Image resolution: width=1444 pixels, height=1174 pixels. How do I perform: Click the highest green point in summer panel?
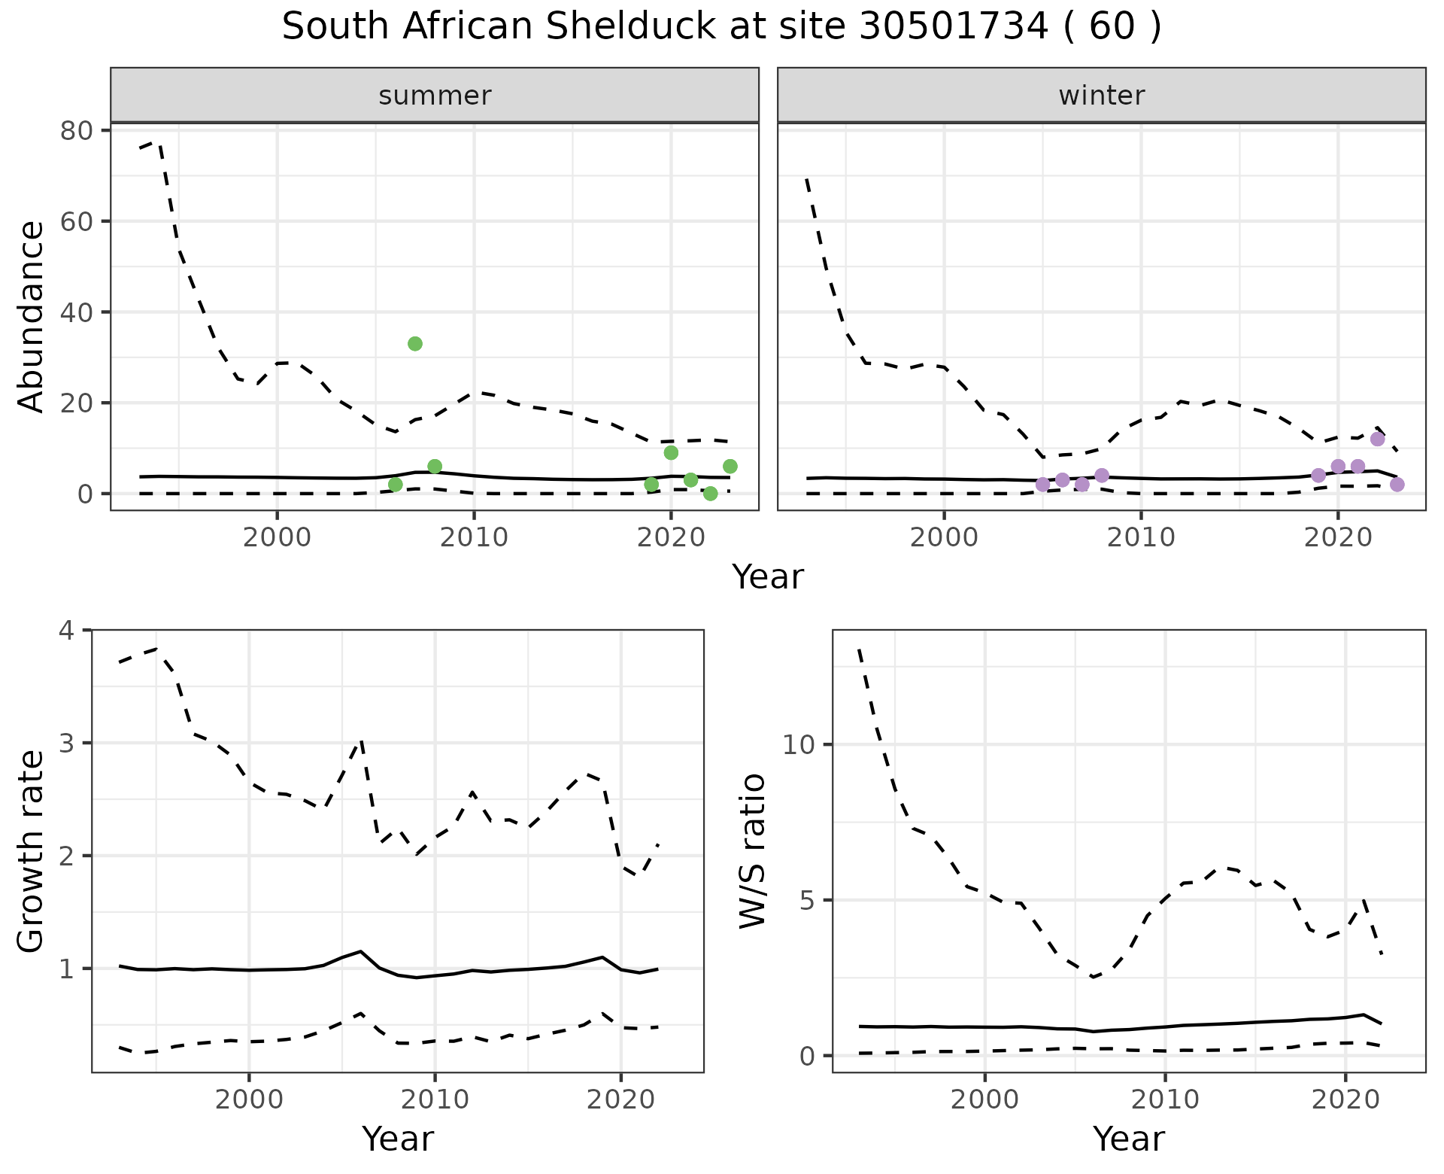(x=414, y=344)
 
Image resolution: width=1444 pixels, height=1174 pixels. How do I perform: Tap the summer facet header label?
(x=435, y=96)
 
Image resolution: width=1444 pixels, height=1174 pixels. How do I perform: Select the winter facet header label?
(x=1101, y=96)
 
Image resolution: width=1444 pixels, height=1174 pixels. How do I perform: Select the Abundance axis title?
(x=32, y=317)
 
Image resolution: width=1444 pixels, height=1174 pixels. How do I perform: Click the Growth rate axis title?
(x=32, y=851)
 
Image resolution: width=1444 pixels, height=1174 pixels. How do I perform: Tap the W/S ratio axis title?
(x=752, y=851)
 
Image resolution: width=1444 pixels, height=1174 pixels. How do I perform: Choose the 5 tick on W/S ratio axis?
(x=808, y=900)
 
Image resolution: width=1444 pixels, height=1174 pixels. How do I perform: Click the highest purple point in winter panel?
(x=1377, y=439)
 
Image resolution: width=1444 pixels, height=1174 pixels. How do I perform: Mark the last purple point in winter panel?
(x=1397, y=484)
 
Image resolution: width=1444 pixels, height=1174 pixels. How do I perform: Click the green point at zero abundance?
(x=710, y=494)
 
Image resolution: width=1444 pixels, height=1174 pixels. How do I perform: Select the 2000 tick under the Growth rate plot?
(x=249, y=1099)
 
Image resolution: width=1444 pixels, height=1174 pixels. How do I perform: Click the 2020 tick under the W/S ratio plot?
(x=1345, y=1099)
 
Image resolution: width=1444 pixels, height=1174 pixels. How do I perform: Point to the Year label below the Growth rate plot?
(x=398, y=1139)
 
